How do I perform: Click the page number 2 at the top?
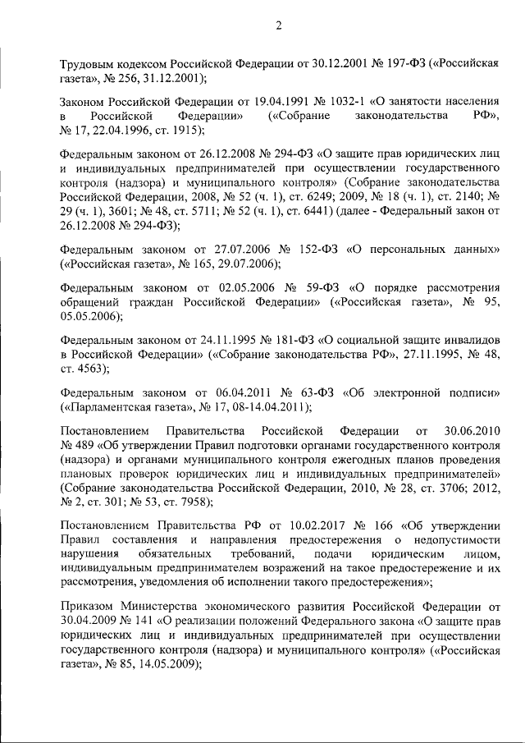278,25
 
